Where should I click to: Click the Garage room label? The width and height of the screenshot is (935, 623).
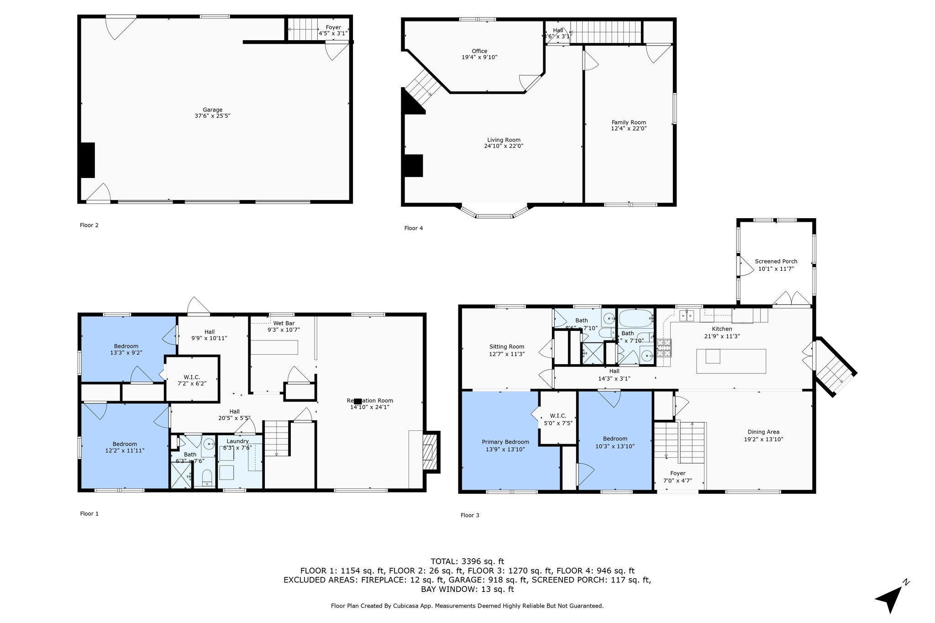click(x=212, y=110)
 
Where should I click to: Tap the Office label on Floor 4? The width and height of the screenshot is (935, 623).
click(x=479, y=51)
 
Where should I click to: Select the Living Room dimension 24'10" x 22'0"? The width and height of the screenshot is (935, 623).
click(x=504, y=147)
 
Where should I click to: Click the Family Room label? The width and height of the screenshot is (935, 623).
click(x=629, y=122)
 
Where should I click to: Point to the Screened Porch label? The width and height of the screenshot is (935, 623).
click(x=776, y=262)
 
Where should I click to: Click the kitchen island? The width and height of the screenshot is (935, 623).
click(x=731, y=361)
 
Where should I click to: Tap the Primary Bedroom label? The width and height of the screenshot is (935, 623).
click(x=505, y=442)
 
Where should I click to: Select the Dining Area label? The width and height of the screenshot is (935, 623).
click(x=763, y=432)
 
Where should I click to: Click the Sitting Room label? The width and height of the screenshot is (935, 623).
click(x=507, y=347)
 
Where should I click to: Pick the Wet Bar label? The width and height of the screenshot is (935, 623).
click(x=284, y=323)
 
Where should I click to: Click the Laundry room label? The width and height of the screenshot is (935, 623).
click(x=237, y=441)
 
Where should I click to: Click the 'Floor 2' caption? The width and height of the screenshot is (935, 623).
click(x=89, y=225)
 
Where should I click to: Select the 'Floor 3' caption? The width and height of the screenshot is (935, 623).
click(x=470, y=515)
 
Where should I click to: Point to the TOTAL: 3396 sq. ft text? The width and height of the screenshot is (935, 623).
click(x=467, y=561)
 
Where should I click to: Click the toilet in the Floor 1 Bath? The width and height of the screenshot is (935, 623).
click(x=207, y=478)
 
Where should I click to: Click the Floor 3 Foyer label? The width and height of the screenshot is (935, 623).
click(x=678, y=473)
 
